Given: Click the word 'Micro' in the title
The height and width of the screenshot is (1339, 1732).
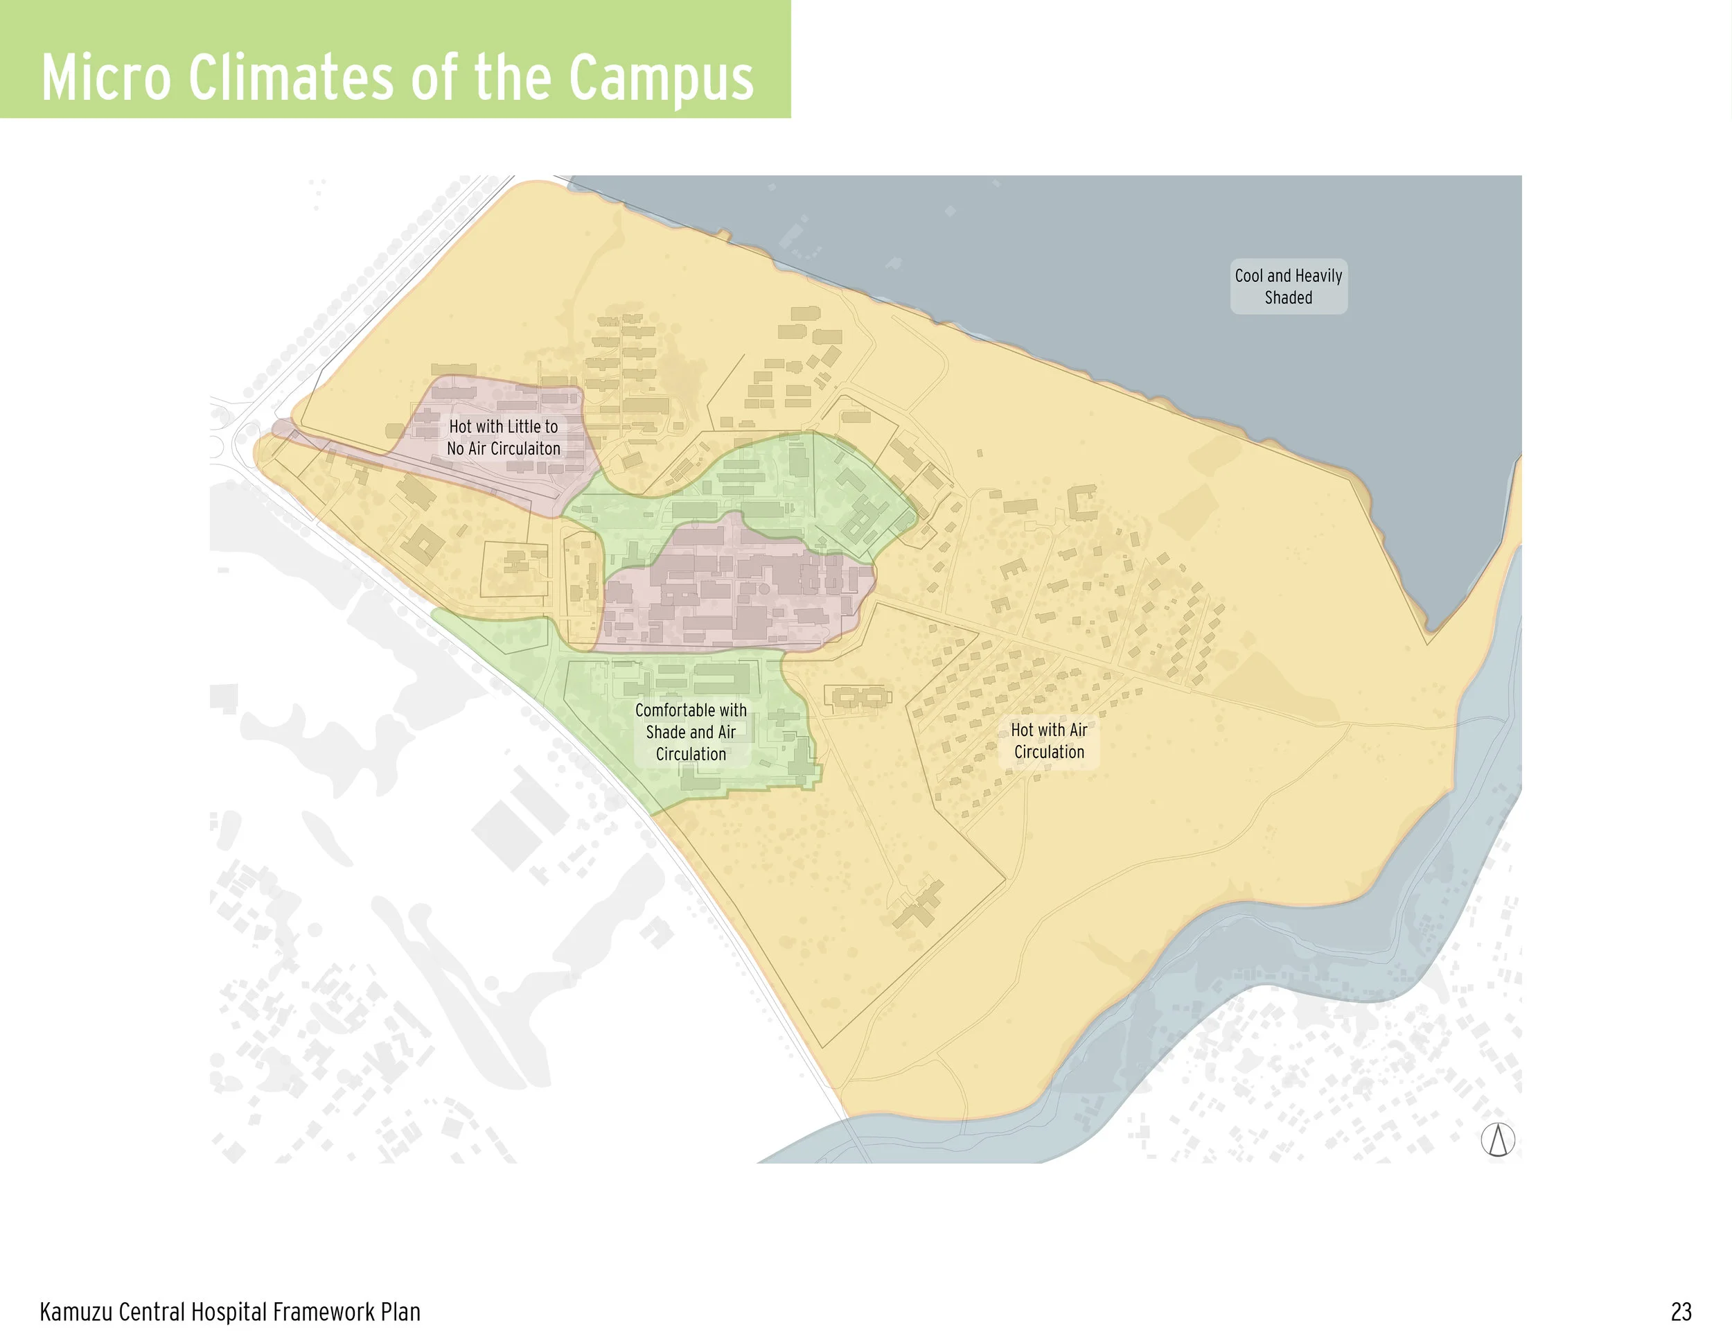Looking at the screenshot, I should coord(105,78).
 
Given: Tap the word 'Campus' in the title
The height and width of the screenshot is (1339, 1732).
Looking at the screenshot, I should coord(662,79).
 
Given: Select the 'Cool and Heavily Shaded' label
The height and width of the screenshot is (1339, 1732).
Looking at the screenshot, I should coord(1288,286).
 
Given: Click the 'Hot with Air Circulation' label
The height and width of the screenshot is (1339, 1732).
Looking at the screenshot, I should coord(1048,740).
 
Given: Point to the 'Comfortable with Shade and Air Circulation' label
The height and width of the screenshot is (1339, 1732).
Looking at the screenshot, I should coord(691,731).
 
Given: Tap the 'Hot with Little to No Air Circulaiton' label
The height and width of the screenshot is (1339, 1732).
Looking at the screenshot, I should coord(504,437).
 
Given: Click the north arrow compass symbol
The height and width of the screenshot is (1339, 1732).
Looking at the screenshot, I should coord(1497,1140).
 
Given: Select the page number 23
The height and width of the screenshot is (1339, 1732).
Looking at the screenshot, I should coord(1681,1312).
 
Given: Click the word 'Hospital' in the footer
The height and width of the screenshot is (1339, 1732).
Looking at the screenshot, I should coord(230,1312).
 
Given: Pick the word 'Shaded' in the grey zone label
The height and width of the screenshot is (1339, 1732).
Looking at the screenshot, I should coord(1288,297).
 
